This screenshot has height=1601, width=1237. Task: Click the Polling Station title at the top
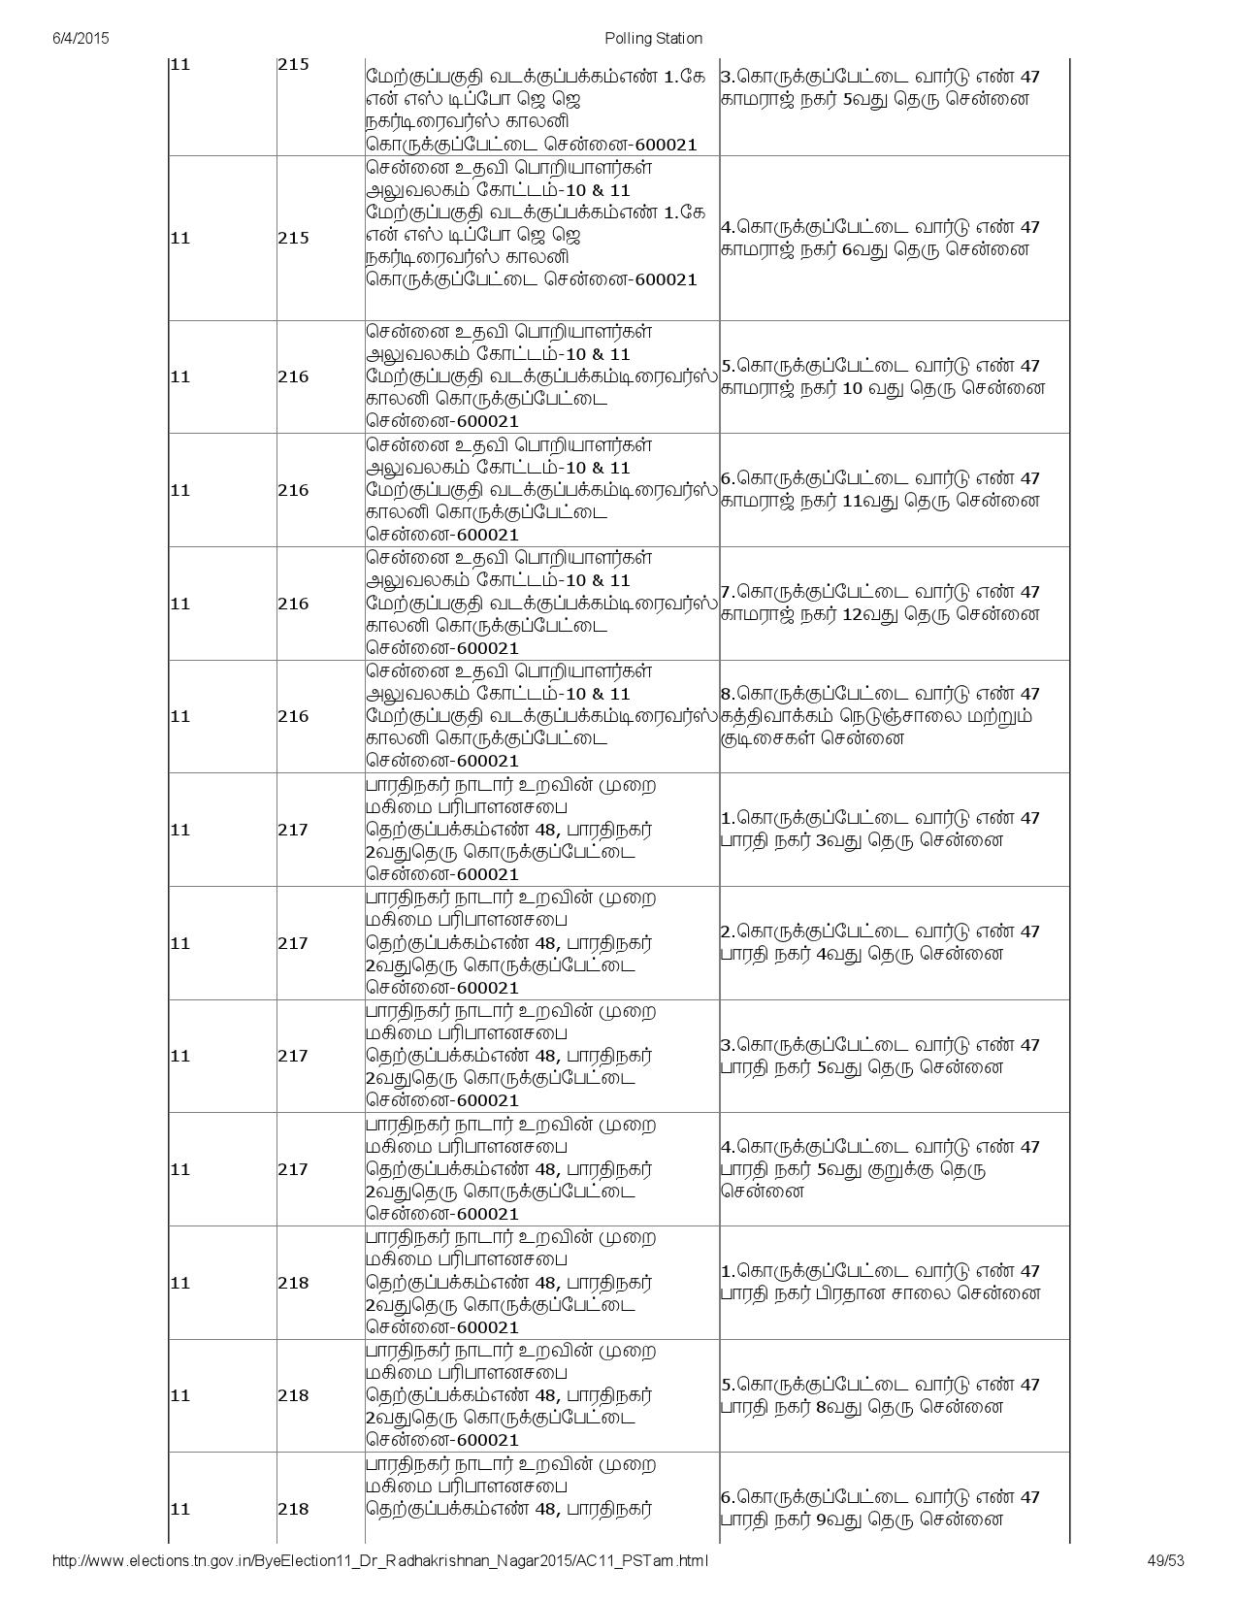(653, 38)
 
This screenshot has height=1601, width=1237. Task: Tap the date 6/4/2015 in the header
(80, 38)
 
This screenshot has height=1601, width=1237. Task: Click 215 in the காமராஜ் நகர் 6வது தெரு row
(293, 238)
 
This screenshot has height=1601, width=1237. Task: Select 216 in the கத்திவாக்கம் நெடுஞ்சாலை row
(293, 716)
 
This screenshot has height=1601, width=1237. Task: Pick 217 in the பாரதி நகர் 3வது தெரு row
(293, 830)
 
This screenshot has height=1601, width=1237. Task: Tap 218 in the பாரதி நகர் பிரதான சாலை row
(293, 1283)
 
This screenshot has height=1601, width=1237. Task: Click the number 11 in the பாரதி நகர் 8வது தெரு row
(180, 1395)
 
